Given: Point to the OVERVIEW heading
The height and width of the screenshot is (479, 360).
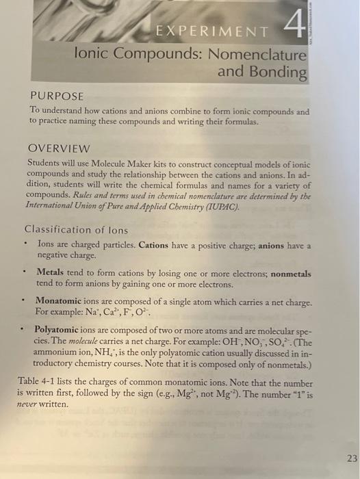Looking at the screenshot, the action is click(x=59, y=148).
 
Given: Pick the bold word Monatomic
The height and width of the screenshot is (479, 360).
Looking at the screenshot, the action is click(x=59, y=302).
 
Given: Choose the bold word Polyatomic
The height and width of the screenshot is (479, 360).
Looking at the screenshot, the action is click(x=59, y=329).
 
